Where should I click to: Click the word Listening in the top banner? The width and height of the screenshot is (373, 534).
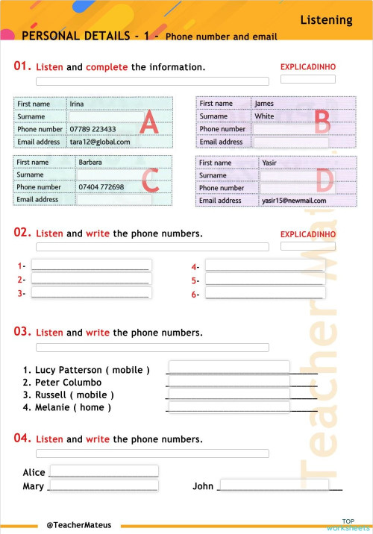pyautogui.click(x=326, y=20)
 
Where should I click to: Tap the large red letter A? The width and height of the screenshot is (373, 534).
pyautogui.click(x=149, y=123)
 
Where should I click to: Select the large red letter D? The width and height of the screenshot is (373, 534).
pyautogui.click(x=324, y=181)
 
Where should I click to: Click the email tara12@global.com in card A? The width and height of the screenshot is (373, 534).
pyautogui.click(x=100, y=142)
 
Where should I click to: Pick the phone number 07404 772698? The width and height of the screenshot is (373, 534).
pyautogui.click(x=101, y=187)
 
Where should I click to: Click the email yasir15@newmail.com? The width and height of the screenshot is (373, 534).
pyautogui.click(x=294, y=201)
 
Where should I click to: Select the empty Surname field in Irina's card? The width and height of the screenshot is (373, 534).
pyautogui.click(x=106, y=116)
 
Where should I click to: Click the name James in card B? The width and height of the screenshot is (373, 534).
pyautogui.click(x=264, y=104)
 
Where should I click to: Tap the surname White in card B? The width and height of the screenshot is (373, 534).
pyautogui.click(x=264, y=116)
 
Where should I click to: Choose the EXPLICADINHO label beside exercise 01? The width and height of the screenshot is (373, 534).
pyautogui.click(x=307, y=67)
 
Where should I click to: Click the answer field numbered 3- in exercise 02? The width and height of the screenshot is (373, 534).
pyautogui.click(x=91, y=293)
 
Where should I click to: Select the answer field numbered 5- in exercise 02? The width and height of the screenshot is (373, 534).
pyautogui.click(x=264, y=280)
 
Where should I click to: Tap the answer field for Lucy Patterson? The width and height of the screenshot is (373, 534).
pyautogui.click(x=228, y=367)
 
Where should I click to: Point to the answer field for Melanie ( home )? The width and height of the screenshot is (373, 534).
pyautogui.click(x=228, y=407)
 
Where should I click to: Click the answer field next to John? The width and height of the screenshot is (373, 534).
pyautogui.click(x=275, y=486)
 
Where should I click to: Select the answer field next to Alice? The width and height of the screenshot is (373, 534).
pyautogui.click(x=104, y=471)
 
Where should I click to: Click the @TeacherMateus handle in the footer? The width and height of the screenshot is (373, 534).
pyautogui.click(x=78, y=525)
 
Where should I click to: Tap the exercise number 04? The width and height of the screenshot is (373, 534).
pyautogui.click(x=22, y=439)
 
